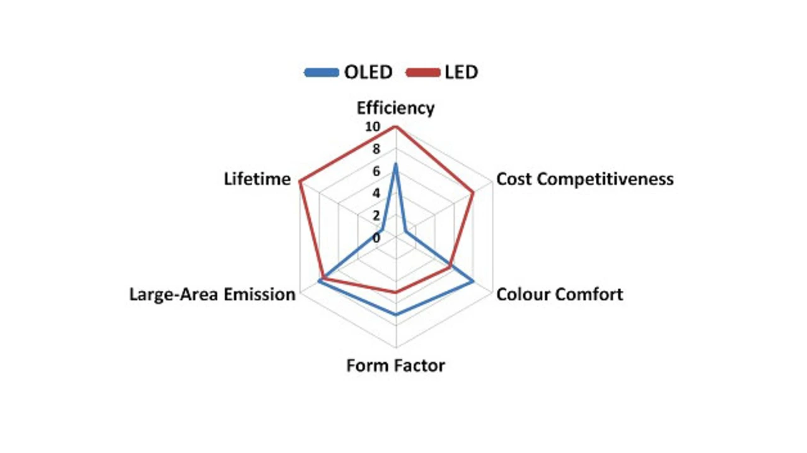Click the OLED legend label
point(368,72)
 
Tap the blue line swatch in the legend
point(322,72)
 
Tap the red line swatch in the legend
point(423,72)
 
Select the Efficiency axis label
point(395,108)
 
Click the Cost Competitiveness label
point(585,179)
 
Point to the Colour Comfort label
point(560,294)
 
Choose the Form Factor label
point(395,365)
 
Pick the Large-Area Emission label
point(212,294)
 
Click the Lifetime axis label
point(257,179)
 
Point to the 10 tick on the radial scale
point(373,127)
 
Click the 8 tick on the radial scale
point(376,149)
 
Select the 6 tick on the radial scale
point(376,171)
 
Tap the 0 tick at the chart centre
point(376,238)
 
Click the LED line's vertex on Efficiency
point(395,127)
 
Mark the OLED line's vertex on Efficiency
point(395,164)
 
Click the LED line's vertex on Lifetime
point(299,182)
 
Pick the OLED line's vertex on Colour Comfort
point(473,282)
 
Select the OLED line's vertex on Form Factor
point(395,314)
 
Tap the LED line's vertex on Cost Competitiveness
point(473,193)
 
